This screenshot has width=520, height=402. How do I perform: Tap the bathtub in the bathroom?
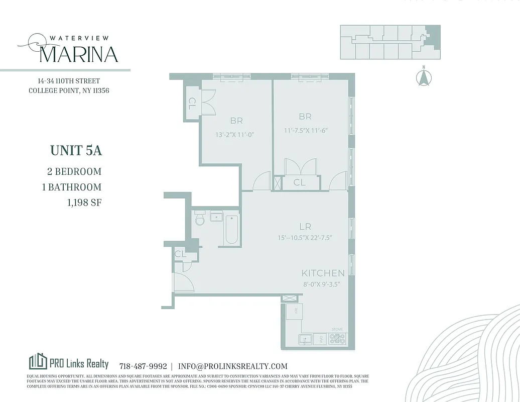[x=231, y=230]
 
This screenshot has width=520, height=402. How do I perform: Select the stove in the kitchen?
[x=337, y=339]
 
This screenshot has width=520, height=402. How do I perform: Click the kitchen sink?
[x=305, y=339]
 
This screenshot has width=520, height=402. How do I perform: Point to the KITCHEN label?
[x=323, y=273]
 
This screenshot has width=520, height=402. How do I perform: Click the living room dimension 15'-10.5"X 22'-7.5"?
[x=305, y=238]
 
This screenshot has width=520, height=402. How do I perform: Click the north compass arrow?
[x=424, y=77]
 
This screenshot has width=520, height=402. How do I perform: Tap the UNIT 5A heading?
[x=76, y=150]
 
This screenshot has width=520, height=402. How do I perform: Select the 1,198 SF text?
[x=81, y=203]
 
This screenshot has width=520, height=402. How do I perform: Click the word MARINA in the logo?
[x=78, y=54]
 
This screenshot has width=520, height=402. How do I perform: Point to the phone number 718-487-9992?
[x=143, y=366]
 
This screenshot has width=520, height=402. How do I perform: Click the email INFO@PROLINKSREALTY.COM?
[x=232, y=366]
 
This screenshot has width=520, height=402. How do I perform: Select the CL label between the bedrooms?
[x=299, y=182]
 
